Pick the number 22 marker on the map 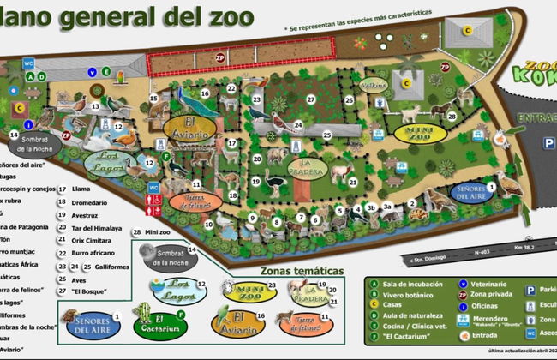[x=231, y=90]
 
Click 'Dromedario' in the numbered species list [x=90, y=201]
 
